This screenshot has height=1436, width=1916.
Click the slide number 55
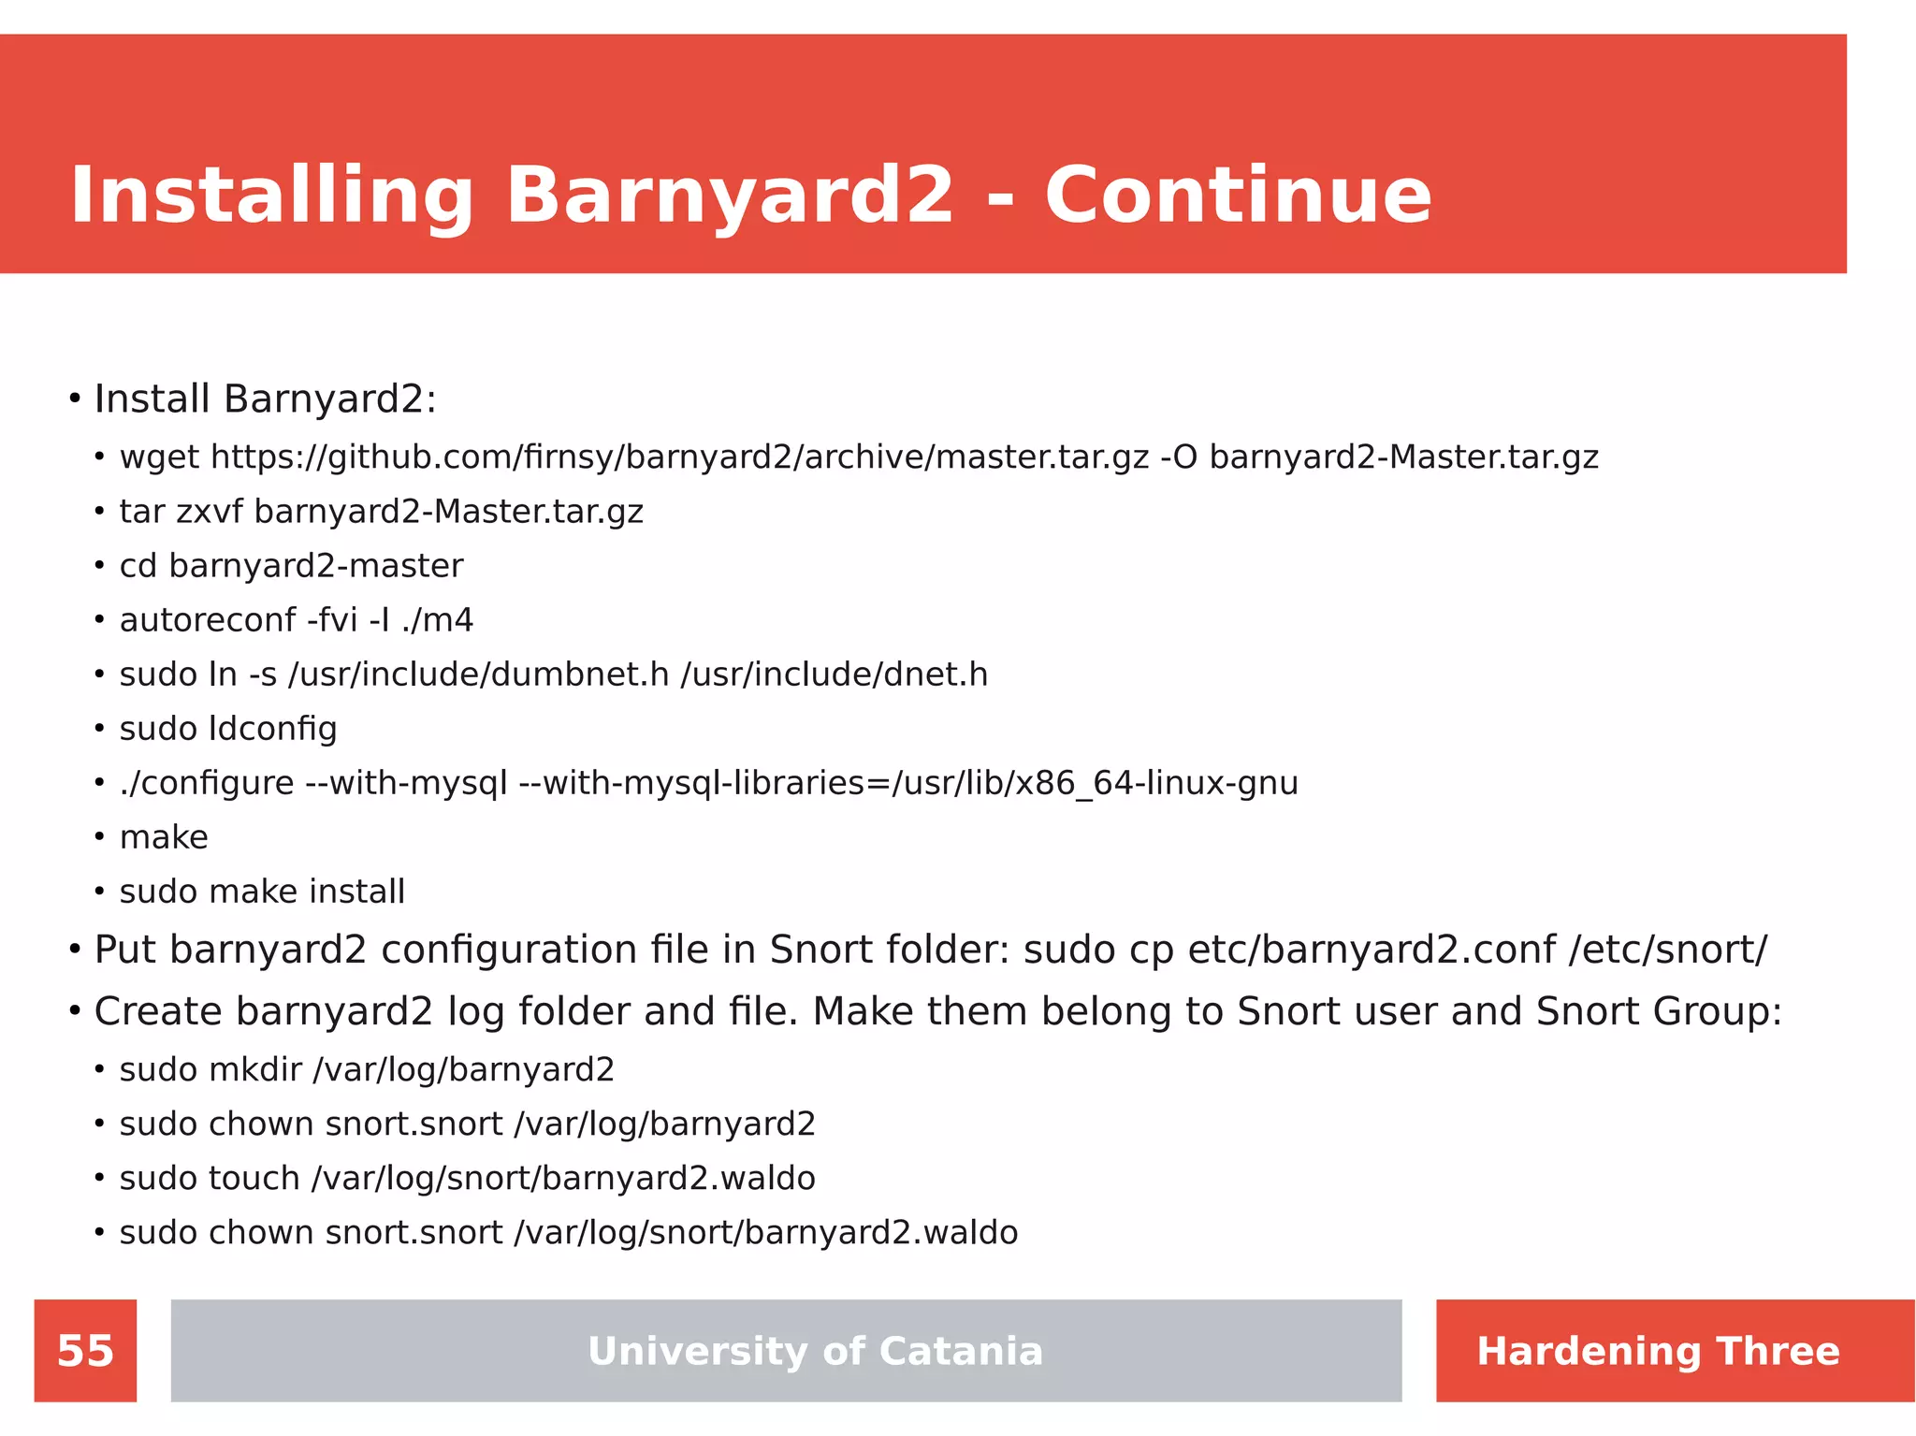pyautogui.click(x=85, y=1351)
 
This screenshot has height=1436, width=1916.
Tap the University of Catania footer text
pyautogui.click(x=815, y=1351)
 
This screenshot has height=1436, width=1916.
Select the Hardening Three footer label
pyautogui.click(x=1658, y=1351)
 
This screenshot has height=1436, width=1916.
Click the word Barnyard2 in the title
pyautogui.click(x=730, y=196)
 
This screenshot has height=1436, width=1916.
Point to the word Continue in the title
pyautogui.click(x=1238, y=196)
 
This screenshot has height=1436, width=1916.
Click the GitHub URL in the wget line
pyautogui.click(x=680, y=457)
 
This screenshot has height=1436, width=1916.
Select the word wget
pyautogui.click(x=159, y=457)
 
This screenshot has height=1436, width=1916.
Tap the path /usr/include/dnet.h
pyautogui.click(x=834, y=674)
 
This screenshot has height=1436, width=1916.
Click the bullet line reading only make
pyautogui.click(x=164, y=837)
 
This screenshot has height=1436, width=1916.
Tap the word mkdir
pyautogui.click(x=255, y=1069)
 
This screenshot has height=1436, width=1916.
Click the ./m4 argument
pyautogui.click(x=437, y=620)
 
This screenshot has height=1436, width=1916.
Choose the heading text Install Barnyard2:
pyautogui.click(x=265, y=399)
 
